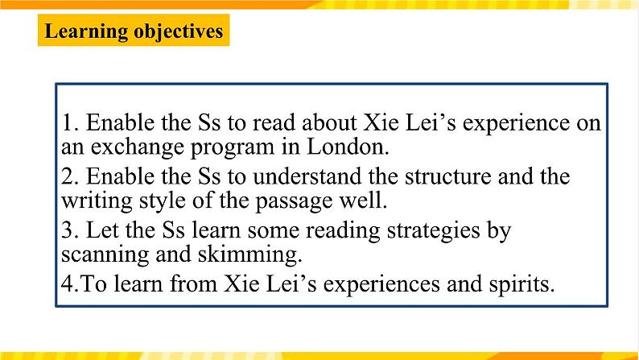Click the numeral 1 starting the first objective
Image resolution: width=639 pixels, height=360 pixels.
coord(68,123)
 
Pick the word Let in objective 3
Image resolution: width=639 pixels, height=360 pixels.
coord(99,230)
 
